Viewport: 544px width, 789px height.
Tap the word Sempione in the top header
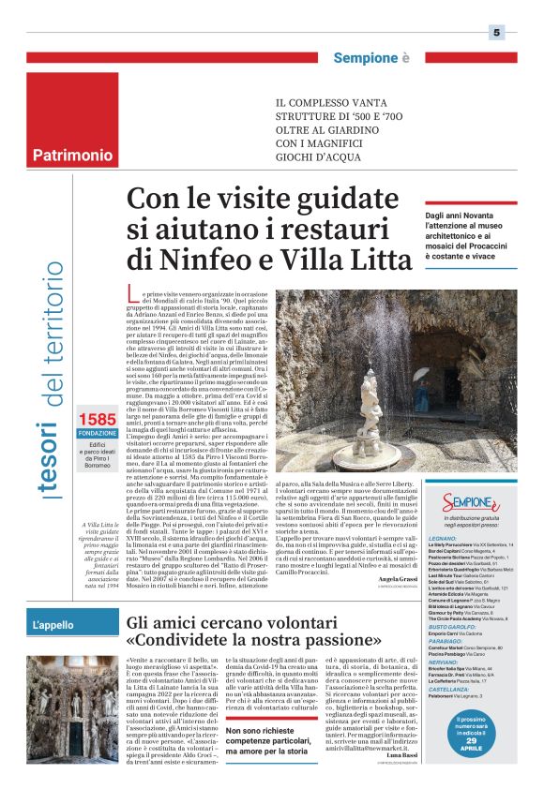point(367,58)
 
